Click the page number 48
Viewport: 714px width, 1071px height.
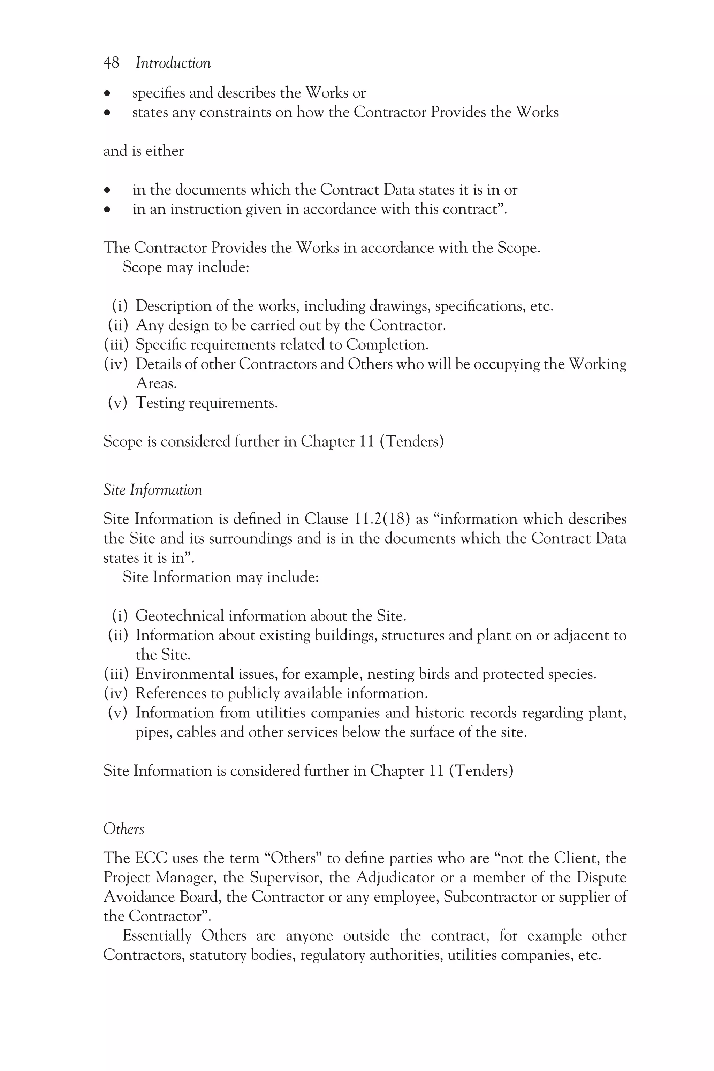(x=111, y=63)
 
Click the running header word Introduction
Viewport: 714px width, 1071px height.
(x=173, y=63)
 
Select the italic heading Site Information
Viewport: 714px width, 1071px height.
(x=153, y=490)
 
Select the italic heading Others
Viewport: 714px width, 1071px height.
(x=123, y=829)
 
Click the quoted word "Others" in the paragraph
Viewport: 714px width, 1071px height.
(x=293, y=858)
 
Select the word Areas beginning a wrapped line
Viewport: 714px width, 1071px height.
(x=156, y=383)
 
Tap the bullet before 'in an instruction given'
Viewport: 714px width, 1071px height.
(x=107, y=210)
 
